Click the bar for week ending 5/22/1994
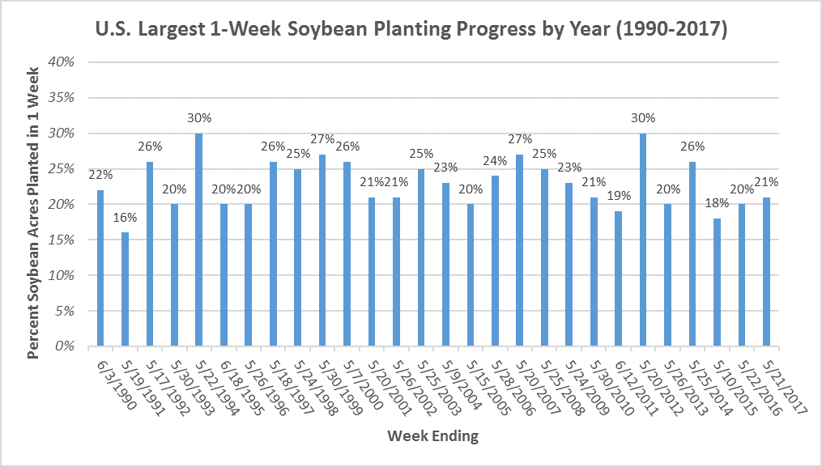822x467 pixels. point(198,240)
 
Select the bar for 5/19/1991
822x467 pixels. point(125,289)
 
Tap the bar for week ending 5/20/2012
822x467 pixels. point(643,240)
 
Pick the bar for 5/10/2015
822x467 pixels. point(717,282)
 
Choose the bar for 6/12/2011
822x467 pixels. point(618,279)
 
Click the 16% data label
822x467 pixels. point(126,218)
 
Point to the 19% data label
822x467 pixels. point(619,196)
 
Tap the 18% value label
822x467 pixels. point(718,203)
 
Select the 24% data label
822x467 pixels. point(496,161)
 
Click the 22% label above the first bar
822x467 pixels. point(100,175)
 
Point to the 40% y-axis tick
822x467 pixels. point(62,62)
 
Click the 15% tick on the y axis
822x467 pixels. point(62,240)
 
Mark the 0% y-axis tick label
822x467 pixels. point(65,346)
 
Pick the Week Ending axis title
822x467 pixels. point(433,435)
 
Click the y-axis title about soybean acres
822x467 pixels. point(33,213)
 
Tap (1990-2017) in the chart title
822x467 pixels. point(671,29)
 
